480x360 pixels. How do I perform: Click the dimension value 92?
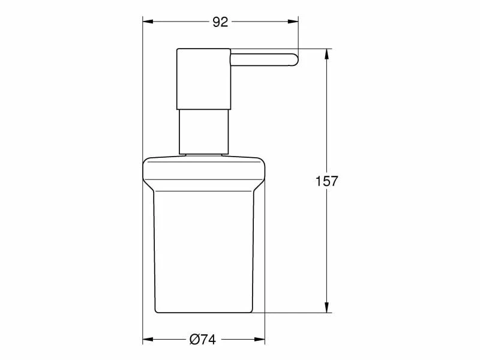(220, 22)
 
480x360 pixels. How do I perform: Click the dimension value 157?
(326, 181)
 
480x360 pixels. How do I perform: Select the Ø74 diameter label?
(203, 340)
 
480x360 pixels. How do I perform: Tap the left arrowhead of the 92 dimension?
(148, 22)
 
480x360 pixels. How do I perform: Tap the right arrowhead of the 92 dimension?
(293, 22)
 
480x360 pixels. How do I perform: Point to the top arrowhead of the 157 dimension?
(326, 54)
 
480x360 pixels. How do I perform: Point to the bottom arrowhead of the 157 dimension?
(326, 307)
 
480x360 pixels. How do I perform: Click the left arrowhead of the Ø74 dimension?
(148, 340)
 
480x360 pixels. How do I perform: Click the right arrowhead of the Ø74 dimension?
(260, 340)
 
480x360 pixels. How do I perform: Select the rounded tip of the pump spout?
(295, 59)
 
